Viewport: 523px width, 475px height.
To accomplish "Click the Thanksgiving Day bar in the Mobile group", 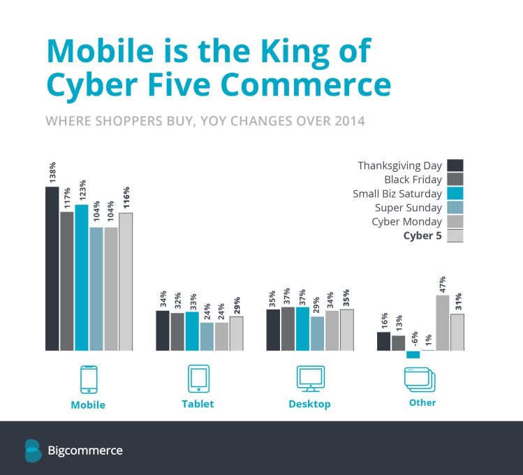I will pyautogui.click(x=52, y=269).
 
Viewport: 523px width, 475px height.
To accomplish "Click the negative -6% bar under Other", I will pyautogui.click(x=413, y=354).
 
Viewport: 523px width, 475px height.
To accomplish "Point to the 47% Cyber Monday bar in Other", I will pyautogui.click(x=442, y=323).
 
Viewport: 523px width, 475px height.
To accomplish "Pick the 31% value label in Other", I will pyautogui.click(x=458, y=302).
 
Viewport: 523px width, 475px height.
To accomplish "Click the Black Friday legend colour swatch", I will pyautogui.click(x=455, y=180).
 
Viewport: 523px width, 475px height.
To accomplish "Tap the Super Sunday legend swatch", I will pyautogui.click(x=455, y=207).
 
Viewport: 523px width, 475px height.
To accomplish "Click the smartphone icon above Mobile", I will pyautogui.click(x=89, y=379).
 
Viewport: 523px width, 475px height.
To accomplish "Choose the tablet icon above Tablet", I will pyautogui.click(x=198, y=379).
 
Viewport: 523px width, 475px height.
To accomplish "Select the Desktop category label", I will pyautogui.click(x=309, y=404).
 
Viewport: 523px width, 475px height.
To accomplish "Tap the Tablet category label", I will pyautogui.click(x=198, y=404).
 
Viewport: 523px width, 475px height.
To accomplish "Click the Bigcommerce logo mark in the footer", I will pyautogui.click(x=33, y=450).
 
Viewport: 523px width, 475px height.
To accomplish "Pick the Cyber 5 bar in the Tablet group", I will pyautogui.click(x=236, y=333).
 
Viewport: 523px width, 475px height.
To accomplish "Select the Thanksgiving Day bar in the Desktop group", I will pyautogui.click(x=273, y=330).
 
